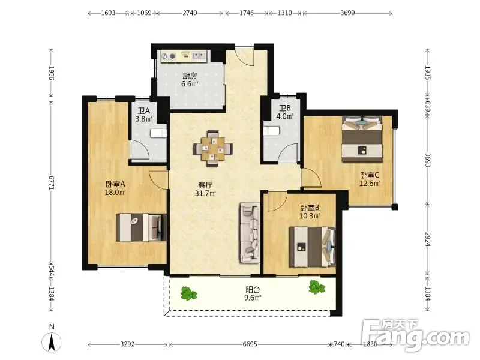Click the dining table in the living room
213,148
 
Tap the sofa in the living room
249,233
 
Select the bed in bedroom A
141,227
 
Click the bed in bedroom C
362,139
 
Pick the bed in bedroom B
312,247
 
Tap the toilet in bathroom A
158,133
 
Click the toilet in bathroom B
271,130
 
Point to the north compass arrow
52,341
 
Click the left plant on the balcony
188,293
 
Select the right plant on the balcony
317,287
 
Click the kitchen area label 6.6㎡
190,83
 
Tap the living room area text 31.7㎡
205,193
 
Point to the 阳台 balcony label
253,289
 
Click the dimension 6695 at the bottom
250,344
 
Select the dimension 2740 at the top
190,13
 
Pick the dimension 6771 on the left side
52,183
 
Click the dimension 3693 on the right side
428,160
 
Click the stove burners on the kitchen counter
169,56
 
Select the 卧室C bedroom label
370,175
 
